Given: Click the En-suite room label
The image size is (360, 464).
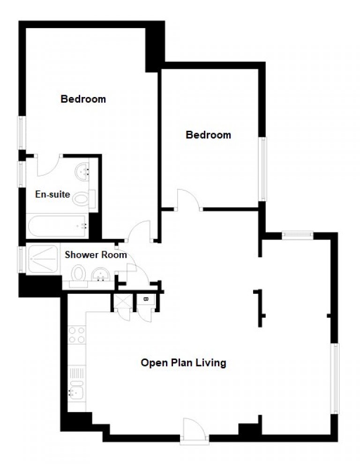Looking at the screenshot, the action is point(52,195).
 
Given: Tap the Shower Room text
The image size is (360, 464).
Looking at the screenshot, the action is point(96,255).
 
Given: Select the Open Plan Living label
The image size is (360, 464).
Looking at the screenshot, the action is point(183,363).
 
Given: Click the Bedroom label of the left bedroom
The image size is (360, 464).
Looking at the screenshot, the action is point(83,99).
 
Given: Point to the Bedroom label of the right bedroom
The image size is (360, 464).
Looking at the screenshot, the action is point(208,135).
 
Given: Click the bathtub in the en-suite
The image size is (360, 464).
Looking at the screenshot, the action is point(58,226).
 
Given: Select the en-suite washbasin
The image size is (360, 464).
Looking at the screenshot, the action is point(82,172).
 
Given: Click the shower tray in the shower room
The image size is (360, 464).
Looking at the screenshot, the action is point(43,259).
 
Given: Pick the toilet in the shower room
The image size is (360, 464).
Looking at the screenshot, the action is point(78,276).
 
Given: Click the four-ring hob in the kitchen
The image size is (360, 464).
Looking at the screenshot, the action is point(77,335).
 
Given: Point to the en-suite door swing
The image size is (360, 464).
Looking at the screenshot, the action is point(49,166).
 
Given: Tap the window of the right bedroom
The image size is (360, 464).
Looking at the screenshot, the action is point(262,169).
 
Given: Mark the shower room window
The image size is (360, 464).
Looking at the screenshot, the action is point(22,260).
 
